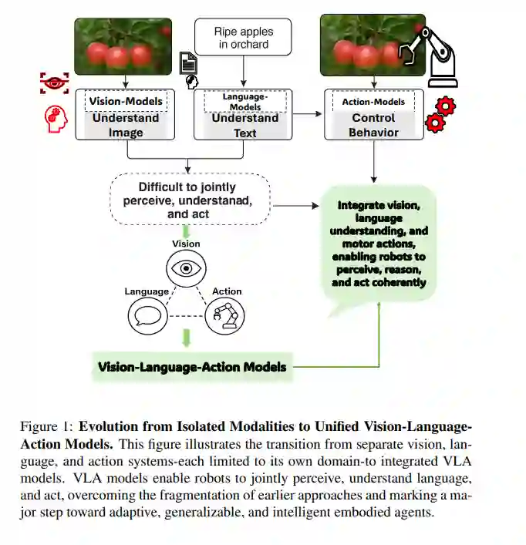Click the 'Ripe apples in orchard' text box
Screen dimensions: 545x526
(243, 38)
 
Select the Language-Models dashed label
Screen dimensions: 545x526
(244, 102)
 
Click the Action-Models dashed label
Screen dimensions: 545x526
(373, 101)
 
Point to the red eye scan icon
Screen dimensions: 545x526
(54, 83)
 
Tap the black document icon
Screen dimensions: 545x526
(188, 62)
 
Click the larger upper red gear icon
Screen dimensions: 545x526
(445, 105)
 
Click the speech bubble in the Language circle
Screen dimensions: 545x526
(147, 315)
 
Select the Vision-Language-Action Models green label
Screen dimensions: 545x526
(192, 367)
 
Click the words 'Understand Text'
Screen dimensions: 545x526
(244, 125)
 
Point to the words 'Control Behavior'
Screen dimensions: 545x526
(373, 125)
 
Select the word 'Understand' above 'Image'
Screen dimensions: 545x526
(126, 118)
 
